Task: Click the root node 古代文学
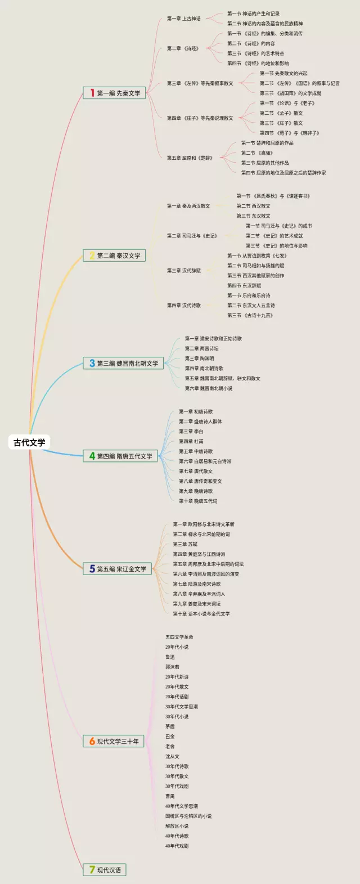pyautogui.click(x=29, y=442)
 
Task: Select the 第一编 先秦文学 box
pyautogui.click(x=115, y=93)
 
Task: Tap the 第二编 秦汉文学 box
pyautogui.click(x=115, y=255)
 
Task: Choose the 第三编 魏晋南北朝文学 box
pyautogui.click(x=124, y=364)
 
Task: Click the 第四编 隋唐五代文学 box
pyautogui.click(x=121, y=456)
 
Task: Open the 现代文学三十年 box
pyautogui.click(x=114, y=741)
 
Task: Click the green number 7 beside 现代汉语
pyautogui.click(x=92, y=870)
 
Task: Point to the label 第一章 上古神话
pyautogui.click(x=183, y=19)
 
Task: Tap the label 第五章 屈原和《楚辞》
pyautogui.click(x=190, y=158)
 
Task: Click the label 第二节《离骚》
pyautogui.click(x=257, y=153)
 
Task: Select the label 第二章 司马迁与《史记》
pyautogui.click(x=192, y=236)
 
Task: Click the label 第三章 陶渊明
pyautogui.click(x=199, y=358)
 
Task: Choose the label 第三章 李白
pyautogui.click(x=191, y=432)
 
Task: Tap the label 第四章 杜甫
pyautogui.click(x=191, y=442)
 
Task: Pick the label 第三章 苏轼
pyautogui.click(x=185, y=544)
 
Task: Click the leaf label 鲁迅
pyautogui.click(x=170, y=657)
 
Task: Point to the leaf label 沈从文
pyautogui.click(x=172, y=757)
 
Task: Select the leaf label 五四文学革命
pyautogui.click(x=179, y=637)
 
